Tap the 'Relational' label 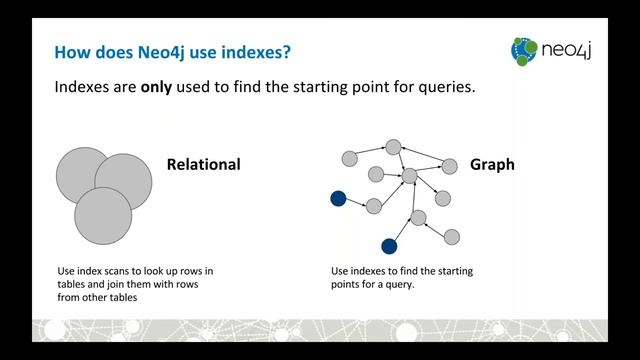click(203, 163)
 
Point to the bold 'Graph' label click(492, 163)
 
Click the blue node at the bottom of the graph click(389, 245)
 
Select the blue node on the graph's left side click(338, 199)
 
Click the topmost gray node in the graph click(394, 147)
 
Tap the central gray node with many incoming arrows click(408, 176)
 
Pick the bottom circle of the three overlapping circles click(103, 215)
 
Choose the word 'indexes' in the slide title click(252, 50)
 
